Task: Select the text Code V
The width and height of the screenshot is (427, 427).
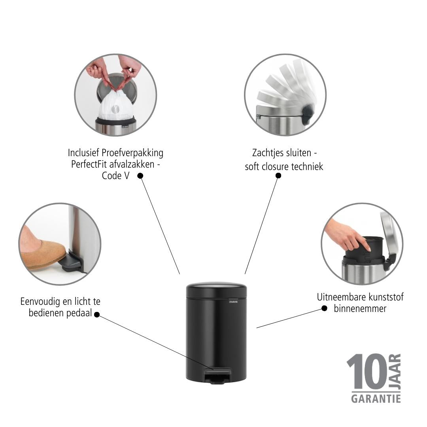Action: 115,176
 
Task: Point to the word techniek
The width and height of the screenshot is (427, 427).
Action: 307,166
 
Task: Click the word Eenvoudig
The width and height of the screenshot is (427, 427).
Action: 40,302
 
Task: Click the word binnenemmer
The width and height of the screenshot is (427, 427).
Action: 360,308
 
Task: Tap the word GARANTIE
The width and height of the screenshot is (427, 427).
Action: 376,399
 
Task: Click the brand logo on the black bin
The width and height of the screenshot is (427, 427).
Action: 233,301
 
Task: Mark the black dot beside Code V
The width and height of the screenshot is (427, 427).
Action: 140,176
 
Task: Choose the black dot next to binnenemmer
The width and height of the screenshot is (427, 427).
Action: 324,308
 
